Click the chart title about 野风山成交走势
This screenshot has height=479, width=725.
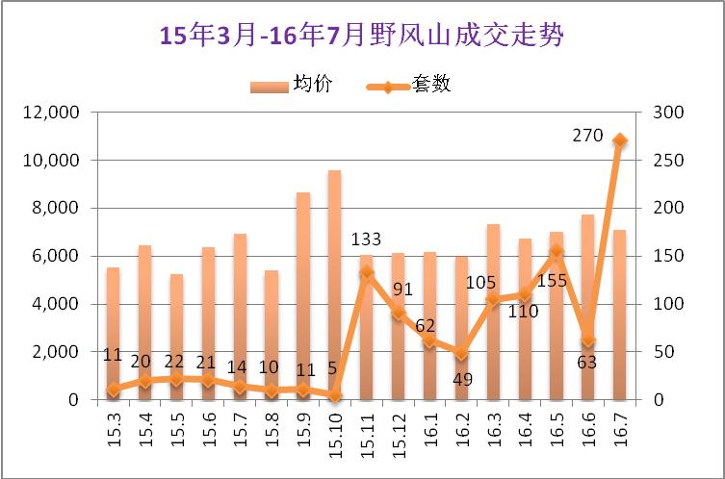361,36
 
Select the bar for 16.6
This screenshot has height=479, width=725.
587,307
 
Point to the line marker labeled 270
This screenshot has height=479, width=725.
620,140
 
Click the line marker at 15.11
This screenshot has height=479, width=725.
366,272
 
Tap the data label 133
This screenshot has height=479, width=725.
367,239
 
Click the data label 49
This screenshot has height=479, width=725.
462,379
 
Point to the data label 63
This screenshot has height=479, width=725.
586,362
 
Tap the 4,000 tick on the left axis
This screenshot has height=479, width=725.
56,304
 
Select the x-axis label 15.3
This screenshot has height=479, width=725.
113,422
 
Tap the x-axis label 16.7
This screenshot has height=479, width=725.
620,422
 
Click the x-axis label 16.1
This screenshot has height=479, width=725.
429,422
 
